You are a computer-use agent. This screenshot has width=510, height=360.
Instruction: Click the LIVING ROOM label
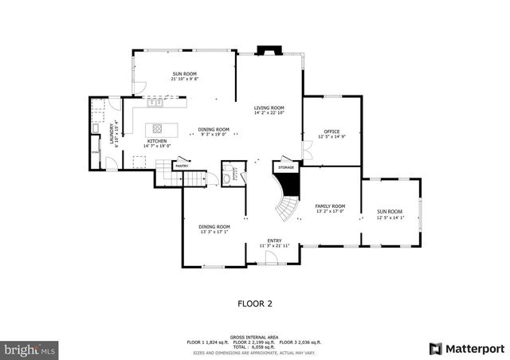coord(269,108)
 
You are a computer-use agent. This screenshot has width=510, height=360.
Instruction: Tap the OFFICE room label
coord(331,131)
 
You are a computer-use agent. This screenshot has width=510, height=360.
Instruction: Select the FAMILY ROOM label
coord(330,205)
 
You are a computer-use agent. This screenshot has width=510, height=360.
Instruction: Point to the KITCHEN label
coord(156,141)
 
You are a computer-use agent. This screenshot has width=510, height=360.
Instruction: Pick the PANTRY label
coord(181,166)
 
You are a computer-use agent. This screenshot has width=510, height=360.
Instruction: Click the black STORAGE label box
coord(286,167)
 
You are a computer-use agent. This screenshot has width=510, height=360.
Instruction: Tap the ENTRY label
coord(273,241)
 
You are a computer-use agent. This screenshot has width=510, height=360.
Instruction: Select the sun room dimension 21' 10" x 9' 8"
coord(184,79)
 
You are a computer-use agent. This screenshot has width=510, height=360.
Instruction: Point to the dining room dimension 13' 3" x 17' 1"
coord(214,232)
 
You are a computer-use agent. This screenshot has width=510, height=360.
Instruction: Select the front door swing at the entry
coord(270,257)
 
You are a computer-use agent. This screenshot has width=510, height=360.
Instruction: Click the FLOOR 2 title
coord(255,303)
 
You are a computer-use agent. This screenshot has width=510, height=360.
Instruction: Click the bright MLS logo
coord(30,349)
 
